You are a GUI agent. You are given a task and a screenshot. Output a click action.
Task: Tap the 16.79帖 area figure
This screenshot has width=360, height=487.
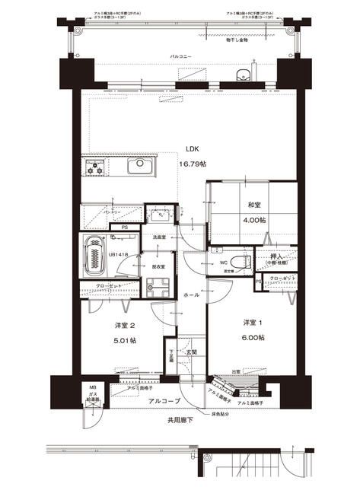(x=192, y=164)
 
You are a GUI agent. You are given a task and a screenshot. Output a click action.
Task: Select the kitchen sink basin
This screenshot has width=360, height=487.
(x=141, y=167)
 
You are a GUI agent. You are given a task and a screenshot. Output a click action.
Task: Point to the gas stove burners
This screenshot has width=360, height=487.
(x=97, y=167)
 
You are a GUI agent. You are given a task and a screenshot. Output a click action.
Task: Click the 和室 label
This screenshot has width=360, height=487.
(x=256, y=205)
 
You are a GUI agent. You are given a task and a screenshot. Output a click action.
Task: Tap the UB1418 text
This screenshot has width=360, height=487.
(x=119, y=255)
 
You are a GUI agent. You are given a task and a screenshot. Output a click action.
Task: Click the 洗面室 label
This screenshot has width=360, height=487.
(x=159, y=238)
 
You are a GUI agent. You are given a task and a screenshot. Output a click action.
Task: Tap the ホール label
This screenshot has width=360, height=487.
(x=191, y=294)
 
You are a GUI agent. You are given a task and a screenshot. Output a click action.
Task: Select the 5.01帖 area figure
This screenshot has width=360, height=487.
(x=125, y=341)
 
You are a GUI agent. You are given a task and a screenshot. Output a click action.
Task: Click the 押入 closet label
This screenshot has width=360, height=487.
(x=278, y=259)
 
